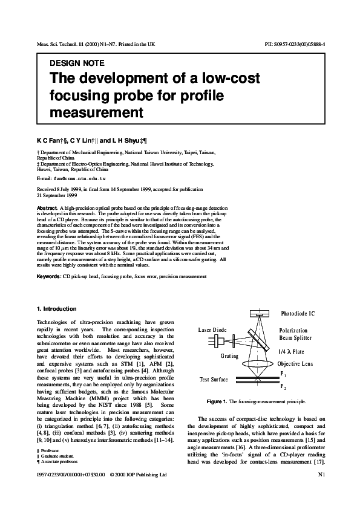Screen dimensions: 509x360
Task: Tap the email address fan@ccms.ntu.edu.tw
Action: pyautogui.click(x=80, y=179)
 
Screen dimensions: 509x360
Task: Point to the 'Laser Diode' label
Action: pyautogui.click(x=213, y=330)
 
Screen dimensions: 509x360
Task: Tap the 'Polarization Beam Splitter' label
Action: pyautogui.click(x=295, y=336)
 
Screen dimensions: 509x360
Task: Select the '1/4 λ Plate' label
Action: pyautogui.click(x=291, y=351)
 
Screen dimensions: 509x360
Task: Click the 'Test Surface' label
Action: pyautogui.click(x=214, y=380)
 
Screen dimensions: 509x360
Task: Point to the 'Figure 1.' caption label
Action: pyautogui.click(x=217, y=401)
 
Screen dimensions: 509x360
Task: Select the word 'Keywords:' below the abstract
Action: pyautogui.click(x=49, y=276)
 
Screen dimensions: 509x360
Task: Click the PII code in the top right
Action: pyautogui.click(x=295, y=45)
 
